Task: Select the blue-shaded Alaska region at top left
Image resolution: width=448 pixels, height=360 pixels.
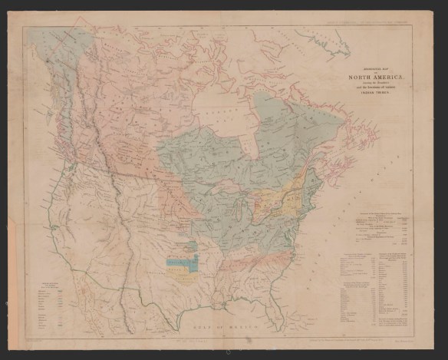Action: point(54,54)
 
